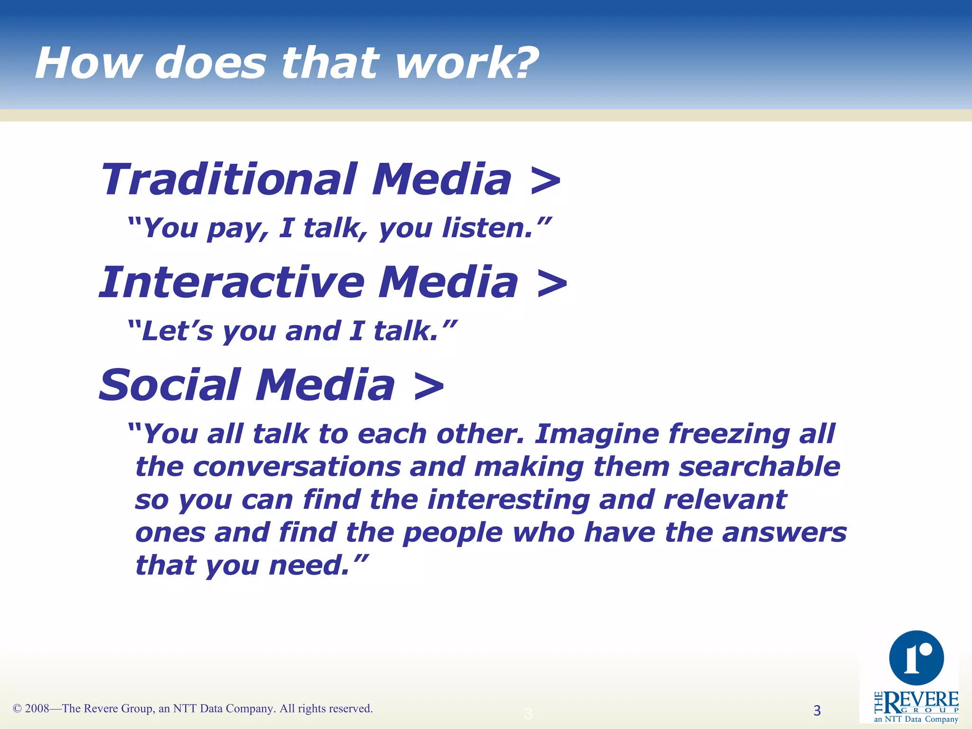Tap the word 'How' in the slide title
[x=88, y=64]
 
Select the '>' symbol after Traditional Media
[x=545, y=180]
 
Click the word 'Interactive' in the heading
[x=231, y=282]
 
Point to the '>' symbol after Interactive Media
[x=552, y=284]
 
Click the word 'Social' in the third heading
[x=169, y=385]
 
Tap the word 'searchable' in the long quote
[x=759, y=467]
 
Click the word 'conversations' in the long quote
[x=297, y=467]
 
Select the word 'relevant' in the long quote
[x=725, y=500]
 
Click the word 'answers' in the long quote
[x=784, y=533]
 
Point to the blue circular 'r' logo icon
[x=916, y=658]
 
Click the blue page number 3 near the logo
[x=817, y=710]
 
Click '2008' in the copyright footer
[x=37, y=709]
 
